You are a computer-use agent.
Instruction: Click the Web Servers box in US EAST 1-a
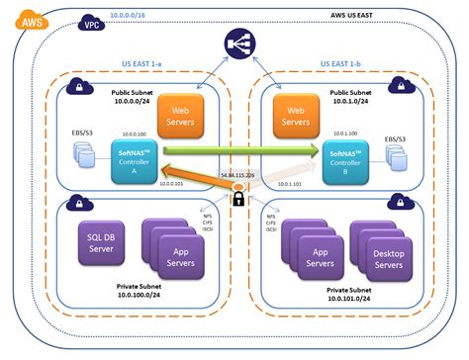click(182, 117)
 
